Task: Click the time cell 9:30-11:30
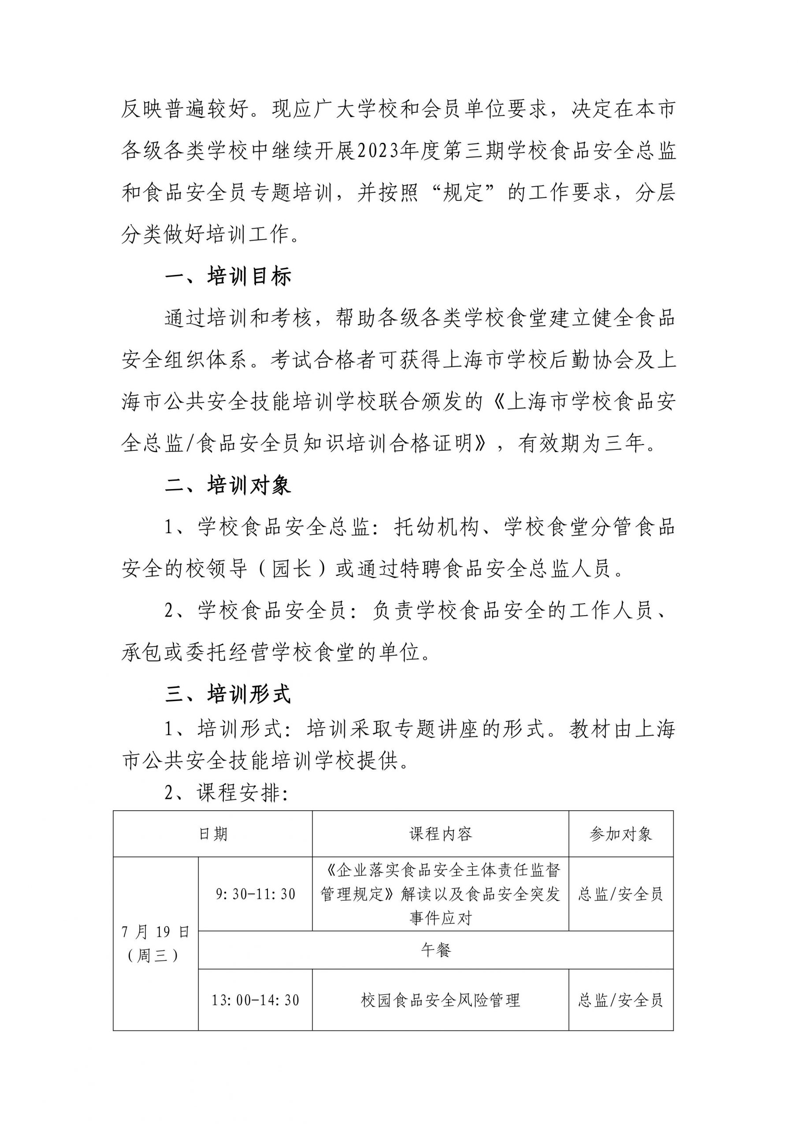[256, 894]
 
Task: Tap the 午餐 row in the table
[435, 950]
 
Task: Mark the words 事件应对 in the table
[440, 917]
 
